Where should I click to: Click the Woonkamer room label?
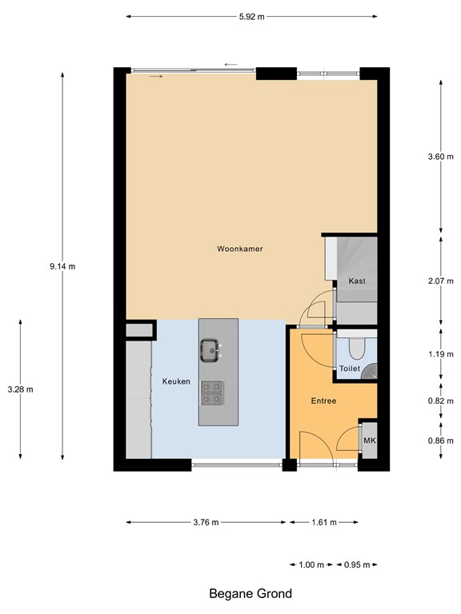(x=240, y=249)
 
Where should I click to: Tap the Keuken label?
(x=176, y=381)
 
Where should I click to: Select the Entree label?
(x=323, y=401)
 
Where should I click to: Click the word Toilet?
(x=350, y=369)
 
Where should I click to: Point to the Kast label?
(x=357, y=281)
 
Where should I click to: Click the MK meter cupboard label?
(x=369, y=441)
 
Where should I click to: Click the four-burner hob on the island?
(x=212, y=391)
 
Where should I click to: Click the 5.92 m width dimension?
(x=251, y=16)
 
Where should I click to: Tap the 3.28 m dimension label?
(x=19, y=389)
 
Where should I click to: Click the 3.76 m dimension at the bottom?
(x=206, y=522)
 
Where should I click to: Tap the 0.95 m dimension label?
(x=357, y=564)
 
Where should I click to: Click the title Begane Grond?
(x=251, y=593)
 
